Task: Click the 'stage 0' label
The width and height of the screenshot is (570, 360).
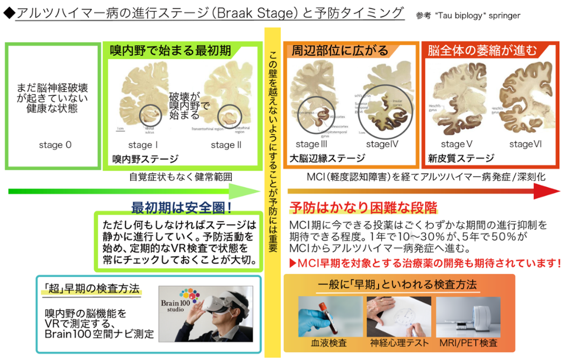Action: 55,145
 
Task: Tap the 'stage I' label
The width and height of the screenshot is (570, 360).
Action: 143,145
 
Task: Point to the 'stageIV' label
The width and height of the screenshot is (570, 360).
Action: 382,144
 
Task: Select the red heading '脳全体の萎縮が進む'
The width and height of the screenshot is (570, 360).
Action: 482,51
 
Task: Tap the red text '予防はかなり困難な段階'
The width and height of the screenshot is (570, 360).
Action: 363,208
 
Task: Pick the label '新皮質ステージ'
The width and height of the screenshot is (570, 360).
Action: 461,158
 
